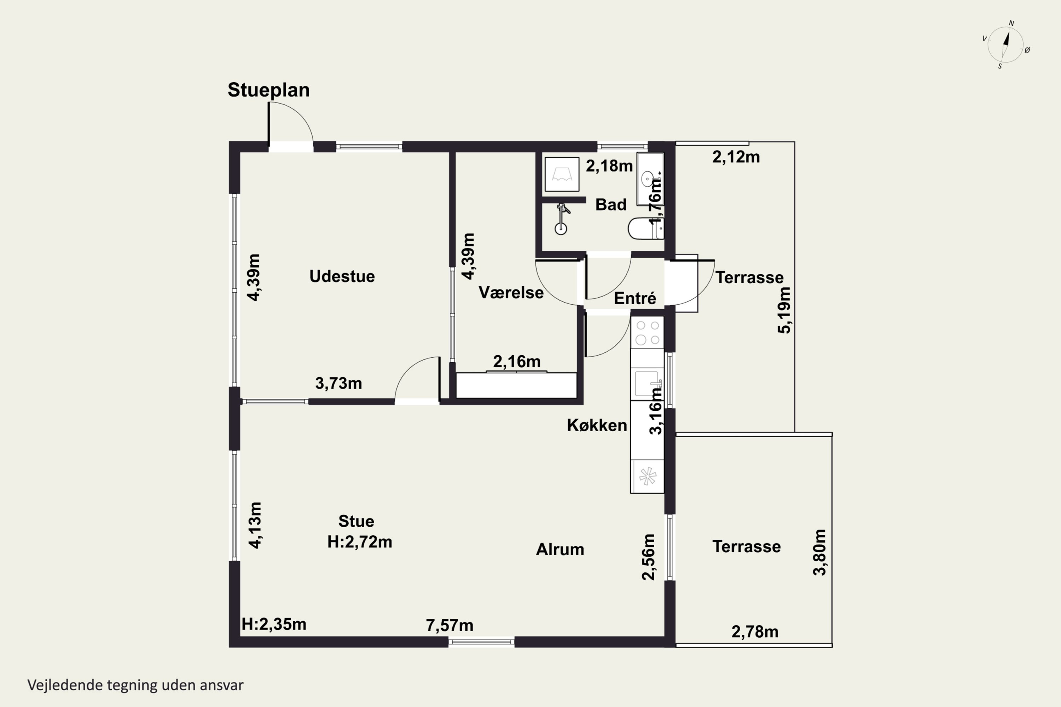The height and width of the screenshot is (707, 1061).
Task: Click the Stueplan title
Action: click(x=268, y=90)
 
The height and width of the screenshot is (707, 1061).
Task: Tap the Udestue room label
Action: click(x=342, y=276)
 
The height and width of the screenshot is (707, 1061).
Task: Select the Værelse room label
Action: click(x=511, y=293)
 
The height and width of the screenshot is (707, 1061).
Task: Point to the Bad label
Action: click(x=611, y=205)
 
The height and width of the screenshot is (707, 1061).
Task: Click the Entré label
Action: click(x=635, y=298)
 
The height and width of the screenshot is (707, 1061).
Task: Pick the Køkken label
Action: click(x=597, y=425)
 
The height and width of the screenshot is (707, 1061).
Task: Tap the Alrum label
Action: click(x=560, y=549)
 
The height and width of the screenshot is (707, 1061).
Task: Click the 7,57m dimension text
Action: click(x=450, y=625)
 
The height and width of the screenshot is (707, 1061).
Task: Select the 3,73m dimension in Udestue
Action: click(x=338, y=383)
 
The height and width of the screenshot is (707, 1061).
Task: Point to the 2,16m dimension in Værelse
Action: click(x=516, y=361)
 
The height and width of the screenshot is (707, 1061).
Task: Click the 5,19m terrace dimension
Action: click(x=784, y=310)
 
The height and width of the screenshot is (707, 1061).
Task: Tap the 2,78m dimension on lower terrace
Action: click(x=755, y=632)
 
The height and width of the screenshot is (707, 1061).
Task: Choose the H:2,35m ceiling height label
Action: click(x=274, y=624)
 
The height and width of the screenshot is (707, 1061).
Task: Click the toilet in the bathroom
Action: click(x=645, y=229)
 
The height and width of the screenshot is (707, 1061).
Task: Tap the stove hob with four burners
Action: click(x=647, y=332)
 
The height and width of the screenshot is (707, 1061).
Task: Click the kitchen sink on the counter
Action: click(x=647, y=384)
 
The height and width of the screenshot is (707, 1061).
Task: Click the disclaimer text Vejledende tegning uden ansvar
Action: click(x=135, y=685)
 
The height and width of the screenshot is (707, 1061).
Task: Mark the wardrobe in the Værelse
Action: click(x=516, y=385)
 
